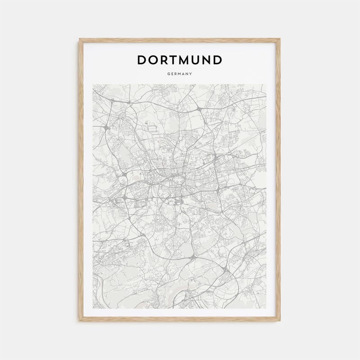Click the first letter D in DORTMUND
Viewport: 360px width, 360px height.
[142, 60]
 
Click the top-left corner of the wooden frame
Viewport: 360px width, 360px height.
[80, 39]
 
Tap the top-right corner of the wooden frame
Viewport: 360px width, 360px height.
[280, 39]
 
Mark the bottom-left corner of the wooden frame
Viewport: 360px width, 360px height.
[80, 321]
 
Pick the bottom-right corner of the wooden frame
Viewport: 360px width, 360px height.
[280, 321]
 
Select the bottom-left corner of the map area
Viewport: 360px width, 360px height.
[93, 308]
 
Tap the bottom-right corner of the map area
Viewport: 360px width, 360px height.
[267, 308]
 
